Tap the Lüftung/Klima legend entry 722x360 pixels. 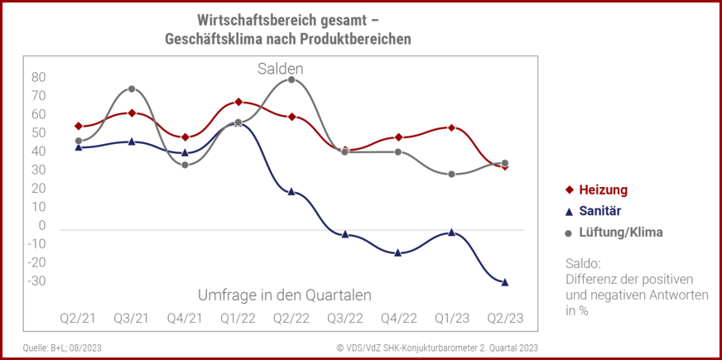click(614, 233)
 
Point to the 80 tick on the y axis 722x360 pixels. click(38, 78)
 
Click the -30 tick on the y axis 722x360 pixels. click(37, 281)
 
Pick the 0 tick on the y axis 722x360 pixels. click(41, 226)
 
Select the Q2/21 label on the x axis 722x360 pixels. click(78, 319)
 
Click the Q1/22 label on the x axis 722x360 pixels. click(238, 319)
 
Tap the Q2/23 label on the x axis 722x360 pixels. click(504, 319)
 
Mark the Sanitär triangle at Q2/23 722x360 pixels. click(504, 282)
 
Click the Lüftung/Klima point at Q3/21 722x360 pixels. click(132, 89)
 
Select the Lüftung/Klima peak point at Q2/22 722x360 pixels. click(291, 79)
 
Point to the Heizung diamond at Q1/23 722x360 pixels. click(451, 127)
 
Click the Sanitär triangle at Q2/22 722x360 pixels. click(291, 191)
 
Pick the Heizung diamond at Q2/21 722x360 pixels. click(78, 126)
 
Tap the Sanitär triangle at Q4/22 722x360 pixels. click(398, 252)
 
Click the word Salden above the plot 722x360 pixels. click(280, 69)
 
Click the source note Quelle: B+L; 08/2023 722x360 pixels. click(61, 348)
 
